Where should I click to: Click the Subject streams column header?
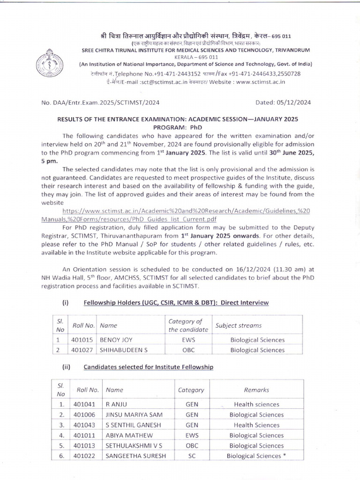[238, 325]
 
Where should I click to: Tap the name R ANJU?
[116, 404]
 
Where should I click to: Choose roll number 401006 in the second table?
[85, 415]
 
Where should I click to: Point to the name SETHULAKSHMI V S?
[135, 446]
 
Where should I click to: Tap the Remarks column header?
[256, 390]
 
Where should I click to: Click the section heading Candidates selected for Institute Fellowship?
[148, 367]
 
